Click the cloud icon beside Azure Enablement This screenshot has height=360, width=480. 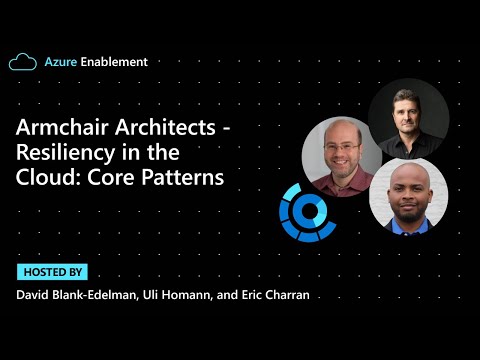coord(23,62)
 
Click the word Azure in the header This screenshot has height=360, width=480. coord(60,62)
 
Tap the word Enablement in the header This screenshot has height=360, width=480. coord(114,62)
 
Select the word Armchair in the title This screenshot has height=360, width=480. coord(62,131)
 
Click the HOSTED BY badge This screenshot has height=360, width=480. coord(52,272)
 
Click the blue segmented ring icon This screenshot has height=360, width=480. coord(307,211)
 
